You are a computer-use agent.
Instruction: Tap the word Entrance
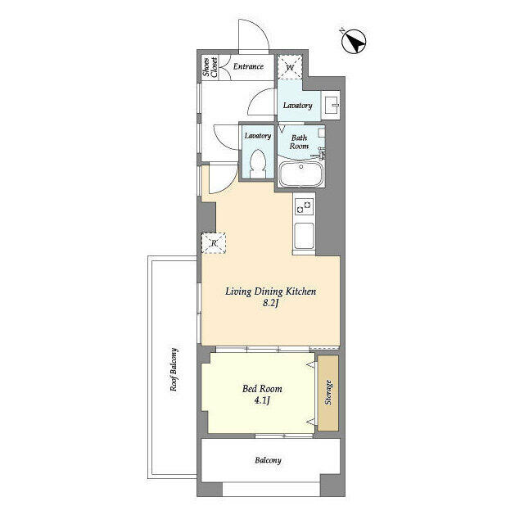click(x=248, y=66)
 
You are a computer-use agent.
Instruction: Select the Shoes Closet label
click(x=210, y=66)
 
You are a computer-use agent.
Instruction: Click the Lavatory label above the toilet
click(x=257, y=135)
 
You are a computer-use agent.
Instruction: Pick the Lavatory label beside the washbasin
click(x=297, y=106)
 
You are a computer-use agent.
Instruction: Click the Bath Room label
click(x=299, y=141)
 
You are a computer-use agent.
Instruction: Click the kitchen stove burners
click(x=302, y=206)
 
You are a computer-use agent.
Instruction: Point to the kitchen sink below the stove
click(x=302, y=237)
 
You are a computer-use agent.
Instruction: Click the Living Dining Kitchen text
click(x=271, y=291)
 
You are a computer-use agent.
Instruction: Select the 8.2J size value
click(x=271, y=304)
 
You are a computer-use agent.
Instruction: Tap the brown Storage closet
click(x=327, y=394)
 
